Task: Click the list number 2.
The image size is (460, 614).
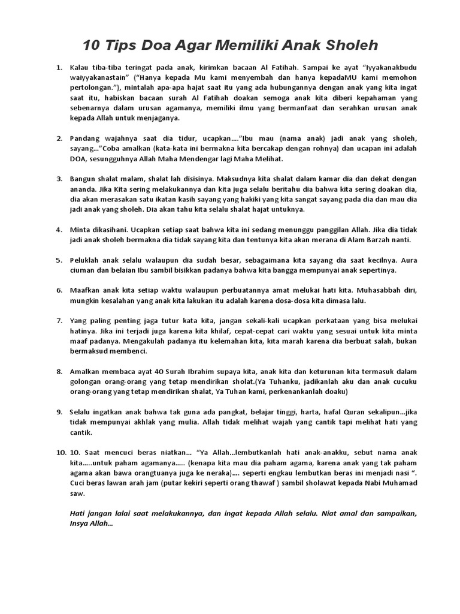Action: pos(59,139)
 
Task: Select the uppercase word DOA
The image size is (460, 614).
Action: pos(79,159)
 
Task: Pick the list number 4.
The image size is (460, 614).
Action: pos(59,230)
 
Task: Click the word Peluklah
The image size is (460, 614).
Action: pos(87,260)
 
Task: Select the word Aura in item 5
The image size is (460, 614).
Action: pos(408,260)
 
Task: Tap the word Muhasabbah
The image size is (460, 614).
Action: pos(374,290)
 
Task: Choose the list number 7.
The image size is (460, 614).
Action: pos(59,321)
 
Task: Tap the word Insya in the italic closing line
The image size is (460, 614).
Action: pos(80,524)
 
